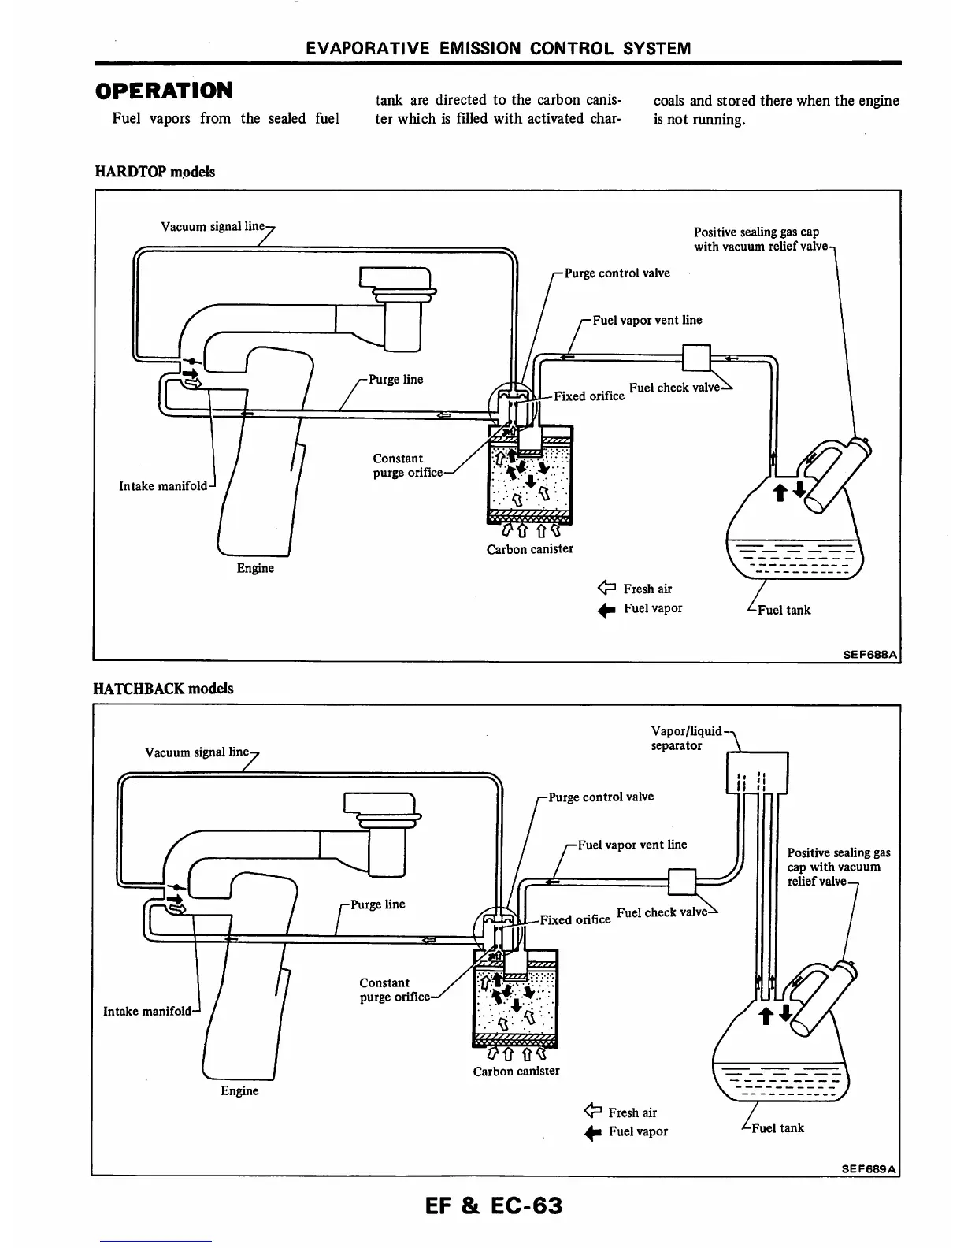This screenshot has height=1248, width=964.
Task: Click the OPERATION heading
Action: click(x=164, y=91)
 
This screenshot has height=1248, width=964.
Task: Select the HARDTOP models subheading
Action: click(x=154, y=172)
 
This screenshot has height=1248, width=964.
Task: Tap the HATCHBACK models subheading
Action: click(x=163, y=688)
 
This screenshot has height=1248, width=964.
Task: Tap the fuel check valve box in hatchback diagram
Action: click(x=682, y=882)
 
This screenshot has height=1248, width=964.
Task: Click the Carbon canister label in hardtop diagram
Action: click(x=529, y=549)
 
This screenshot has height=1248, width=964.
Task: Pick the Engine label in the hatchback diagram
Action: click(x=239, y=1090)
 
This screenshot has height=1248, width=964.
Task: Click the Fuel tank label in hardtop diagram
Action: click(x=783, y=610)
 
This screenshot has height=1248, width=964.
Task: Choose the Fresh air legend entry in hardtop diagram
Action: click(x=638, y=589)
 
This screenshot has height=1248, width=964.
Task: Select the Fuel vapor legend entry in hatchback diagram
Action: click(x=628, y=1132)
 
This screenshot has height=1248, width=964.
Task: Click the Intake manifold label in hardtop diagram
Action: click(x=162, y=486)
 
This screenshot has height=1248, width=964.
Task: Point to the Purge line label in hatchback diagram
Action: click(x=377, y=904)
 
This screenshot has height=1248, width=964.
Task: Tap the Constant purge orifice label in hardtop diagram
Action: click(x=406, y=466)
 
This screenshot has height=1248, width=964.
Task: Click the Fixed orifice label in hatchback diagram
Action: click(x=575, y=919)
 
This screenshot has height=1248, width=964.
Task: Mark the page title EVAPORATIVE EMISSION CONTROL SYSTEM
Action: click(x=499, y=48)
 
